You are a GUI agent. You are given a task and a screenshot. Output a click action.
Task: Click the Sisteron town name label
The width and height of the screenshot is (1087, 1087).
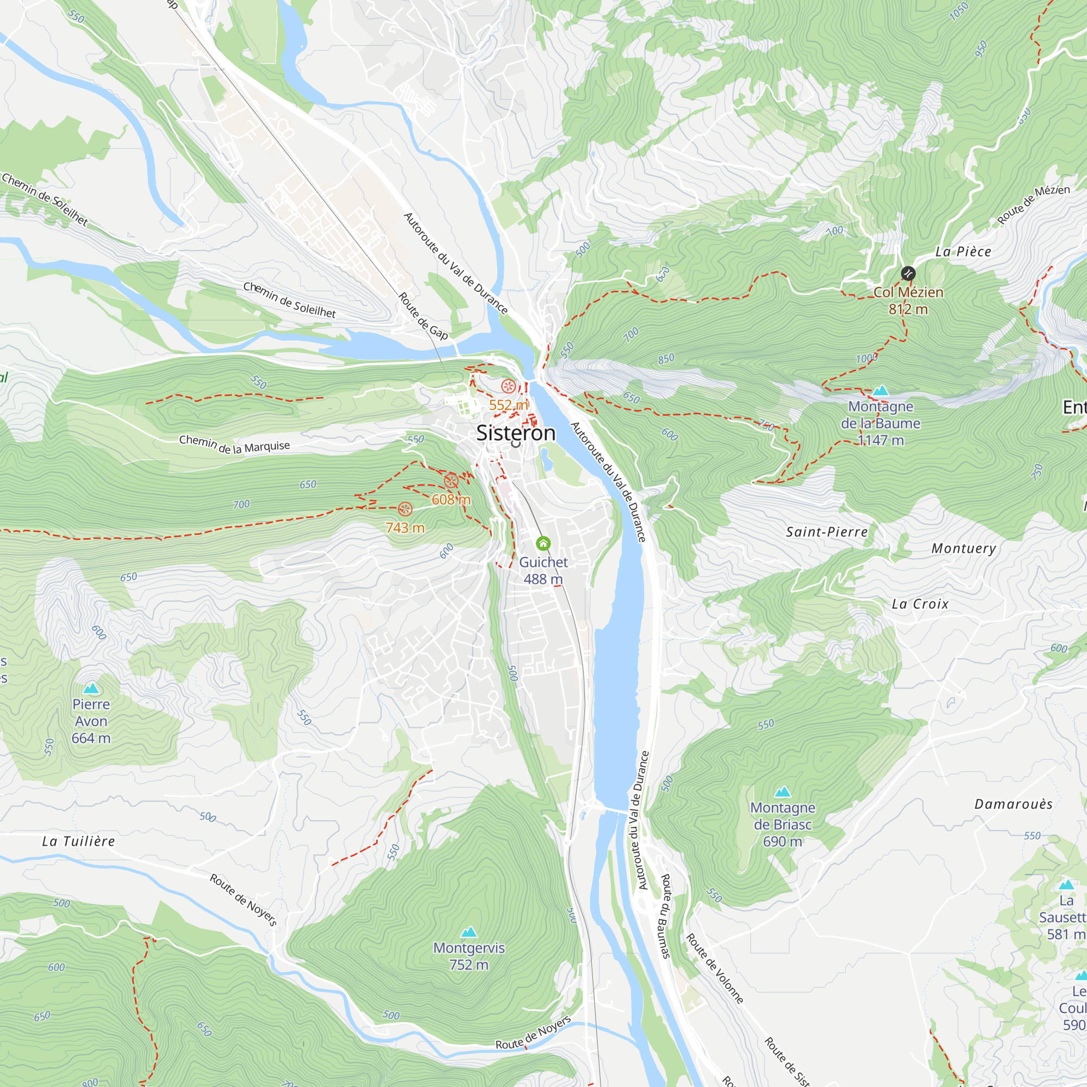[515, 433]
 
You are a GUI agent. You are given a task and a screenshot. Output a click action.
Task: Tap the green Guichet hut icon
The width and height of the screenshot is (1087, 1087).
[543, 543]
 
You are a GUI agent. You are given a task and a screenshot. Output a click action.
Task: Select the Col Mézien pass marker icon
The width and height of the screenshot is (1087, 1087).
[908, 273]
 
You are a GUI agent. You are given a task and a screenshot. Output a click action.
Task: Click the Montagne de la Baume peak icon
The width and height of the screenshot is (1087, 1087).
[880, 390]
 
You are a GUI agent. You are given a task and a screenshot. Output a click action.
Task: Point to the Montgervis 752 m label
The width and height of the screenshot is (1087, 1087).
[468, 956]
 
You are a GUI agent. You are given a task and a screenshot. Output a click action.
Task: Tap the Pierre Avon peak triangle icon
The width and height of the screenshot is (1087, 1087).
[91, 688]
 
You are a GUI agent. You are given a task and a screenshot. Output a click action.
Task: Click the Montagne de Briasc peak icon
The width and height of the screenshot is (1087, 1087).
[782, 792]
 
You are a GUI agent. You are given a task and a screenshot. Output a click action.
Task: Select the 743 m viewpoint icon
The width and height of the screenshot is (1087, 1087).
[405, 509]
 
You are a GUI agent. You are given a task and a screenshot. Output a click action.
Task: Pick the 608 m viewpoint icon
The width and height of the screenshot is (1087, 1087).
[451, 481]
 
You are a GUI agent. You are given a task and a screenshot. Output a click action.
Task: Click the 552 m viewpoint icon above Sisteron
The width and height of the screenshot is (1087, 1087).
[508, 386]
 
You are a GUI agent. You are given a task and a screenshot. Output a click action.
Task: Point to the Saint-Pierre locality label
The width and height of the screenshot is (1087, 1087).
[827, 532]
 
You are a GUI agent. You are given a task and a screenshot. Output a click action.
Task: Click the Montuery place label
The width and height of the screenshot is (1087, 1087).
[963, 548]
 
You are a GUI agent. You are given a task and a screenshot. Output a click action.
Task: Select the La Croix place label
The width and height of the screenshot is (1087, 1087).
[920, 604]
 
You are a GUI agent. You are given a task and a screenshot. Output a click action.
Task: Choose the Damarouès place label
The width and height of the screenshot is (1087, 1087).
[1013, 804]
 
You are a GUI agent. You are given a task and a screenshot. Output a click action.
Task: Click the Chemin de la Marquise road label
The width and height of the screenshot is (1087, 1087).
[234, 445]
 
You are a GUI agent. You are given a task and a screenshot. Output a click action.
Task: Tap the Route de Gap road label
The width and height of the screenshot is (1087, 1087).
[423, 316]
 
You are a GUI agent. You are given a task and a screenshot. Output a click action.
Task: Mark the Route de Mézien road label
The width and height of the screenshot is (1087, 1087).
[1033, 205]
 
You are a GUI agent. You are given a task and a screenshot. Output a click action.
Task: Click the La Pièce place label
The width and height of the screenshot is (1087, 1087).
[963, 252]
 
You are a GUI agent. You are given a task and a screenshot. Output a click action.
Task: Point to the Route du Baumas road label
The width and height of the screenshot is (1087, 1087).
[665, 915]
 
